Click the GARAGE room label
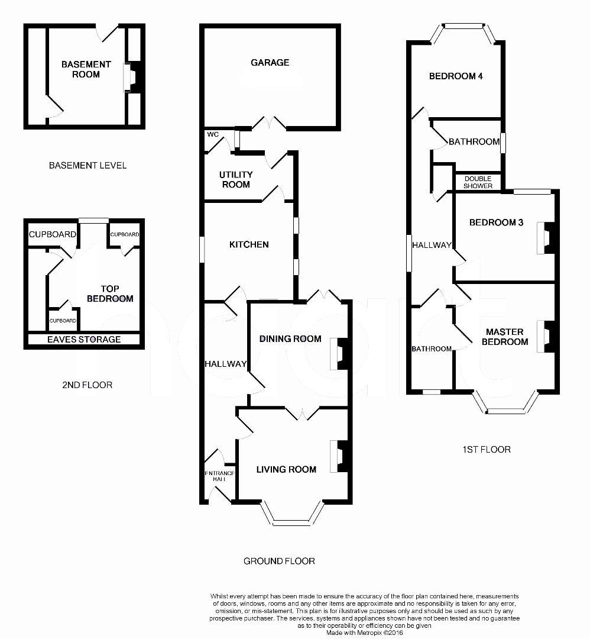point(270,62)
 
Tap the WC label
point(213,134)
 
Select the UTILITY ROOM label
point(235,179)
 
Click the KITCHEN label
point(249,244)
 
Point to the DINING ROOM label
point(290,338)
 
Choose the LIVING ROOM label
point(286,469)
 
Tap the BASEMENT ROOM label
point(86,69)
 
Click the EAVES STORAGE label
point(84,339)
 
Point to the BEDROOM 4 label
point(456,76)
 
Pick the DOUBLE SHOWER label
point(478,182)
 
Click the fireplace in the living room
point(340,456)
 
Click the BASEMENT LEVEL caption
point(87,165)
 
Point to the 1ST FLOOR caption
point(487,449)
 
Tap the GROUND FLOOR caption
point(279,560)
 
